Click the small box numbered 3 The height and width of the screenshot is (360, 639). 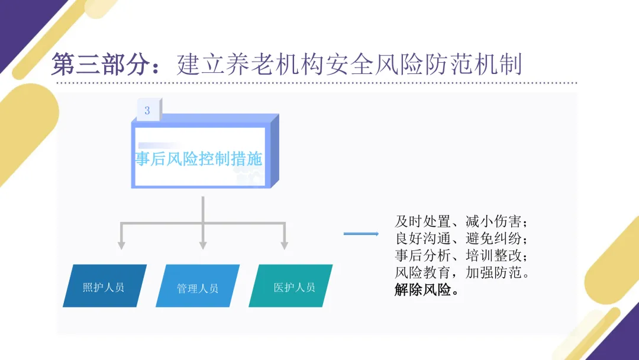point(147,111)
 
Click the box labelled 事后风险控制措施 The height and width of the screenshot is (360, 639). point(199,159)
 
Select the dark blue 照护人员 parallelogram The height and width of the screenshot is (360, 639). point(104,286)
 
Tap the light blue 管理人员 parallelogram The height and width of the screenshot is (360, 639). point(198,287)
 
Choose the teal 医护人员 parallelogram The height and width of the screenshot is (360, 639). point(294,286)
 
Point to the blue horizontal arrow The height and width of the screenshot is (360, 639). point(361,234)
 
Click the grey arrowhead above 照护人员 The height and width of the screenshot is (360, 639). point(121,244)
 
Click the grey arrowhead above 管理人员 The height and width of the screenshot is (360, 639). point(203,244)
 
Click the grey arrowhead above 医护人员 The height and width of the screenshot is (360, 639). point(284,244)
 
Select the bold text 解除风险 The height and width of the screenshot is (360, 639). point(422,291)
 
